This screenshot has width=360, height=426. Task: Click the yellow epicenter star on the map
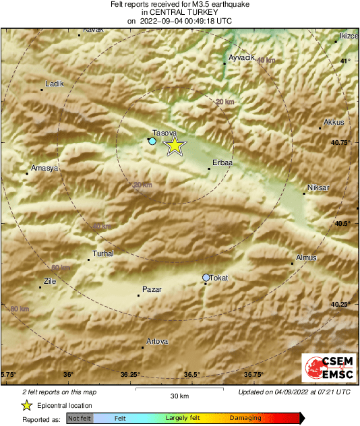[175, 145]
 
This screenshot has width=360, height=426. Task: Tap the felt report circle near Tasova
[152, 142]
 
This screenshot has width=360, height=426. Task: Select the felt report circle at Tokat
[206, 278]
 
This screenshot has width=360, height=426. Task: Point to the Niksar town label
[316, 187]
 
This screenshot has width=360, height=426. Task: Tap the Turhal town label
[102, 253]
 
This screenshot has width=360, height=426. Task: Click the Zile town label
[50, 281]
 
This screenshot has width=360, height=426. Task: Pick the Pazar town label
[152, 289]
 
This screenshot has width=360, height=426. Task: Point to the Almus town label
[306, 257]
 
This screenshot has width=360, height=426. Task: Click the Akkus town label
[334, 122]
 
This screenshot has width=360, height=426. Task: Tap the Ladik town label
[54, 84]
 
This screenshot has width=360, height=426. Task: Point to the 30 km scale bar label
[179, 396]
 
